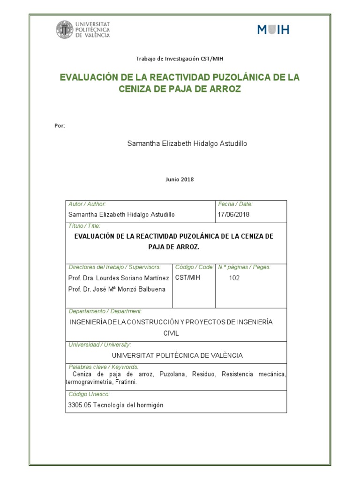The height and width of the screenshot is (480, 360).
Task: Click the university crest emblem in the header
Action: tap(64, 30)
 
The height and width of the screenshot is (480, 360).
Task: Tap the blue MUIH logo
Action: tap(273, 30)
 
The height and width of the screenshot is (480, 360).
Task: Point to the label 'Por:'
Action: tap(60, 126)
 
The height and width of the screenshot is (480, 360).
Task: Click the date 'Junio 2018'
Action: tap(180, 179)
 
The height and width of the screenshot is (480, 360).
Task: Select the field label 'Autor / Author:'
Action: tap(87, 204)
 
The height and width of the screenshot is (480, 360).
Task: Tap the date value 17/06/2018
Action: tap(234, 214)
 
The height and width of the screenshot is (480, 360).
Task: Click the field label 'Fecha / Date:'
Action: tap(235, 204)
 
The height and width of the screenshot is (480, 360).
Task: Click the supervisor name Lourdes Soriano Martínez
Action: tap(133, 278)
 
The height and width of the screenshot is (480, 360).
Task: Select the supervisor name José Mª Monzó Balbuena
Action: tap(132, 289)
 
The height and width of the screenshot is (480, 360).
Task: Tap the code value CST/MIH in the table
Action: tap(187, 278)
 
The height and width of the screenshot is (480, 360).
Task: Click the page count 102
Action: tap(235, 278)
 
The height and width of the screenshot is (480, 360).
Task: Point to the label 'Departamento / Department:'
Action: tap(105, 311)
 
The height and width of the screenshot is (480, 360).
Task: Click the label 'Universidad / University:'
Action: tap(100, 345)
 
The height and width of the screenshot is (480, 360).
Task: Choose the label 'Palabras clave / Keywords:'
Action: tap(104, 367)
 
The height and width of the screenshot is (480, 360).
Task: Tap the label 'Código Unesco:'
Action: tap(89, 394)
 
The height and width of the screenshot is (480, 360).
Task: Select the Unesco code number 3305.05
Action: tap(80, 405)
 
